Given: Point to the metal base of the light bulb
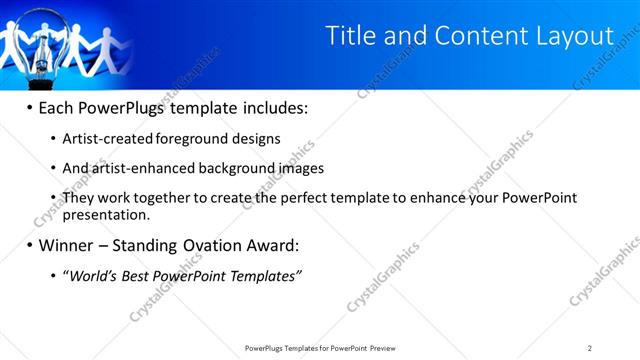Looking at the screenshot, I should [x=43, y=69].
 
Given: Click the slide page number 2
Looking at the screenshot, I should [x=590, y=348].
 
